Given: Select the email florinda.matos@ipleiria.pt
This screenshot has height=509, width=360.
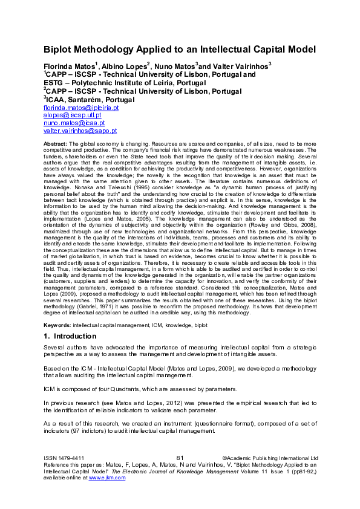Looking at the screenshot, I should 81,108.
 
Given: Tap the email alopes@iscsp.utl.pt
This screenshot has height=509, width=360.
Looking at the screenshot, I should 72,115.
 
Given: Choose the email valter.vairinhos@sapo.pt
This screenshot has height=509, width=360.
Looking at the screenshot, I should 80,131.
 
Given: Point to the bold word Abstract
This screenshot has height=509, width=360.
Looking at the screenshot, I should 55,143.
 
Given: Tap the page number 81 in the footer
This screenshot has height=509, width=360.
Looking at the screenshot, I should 180,458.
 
